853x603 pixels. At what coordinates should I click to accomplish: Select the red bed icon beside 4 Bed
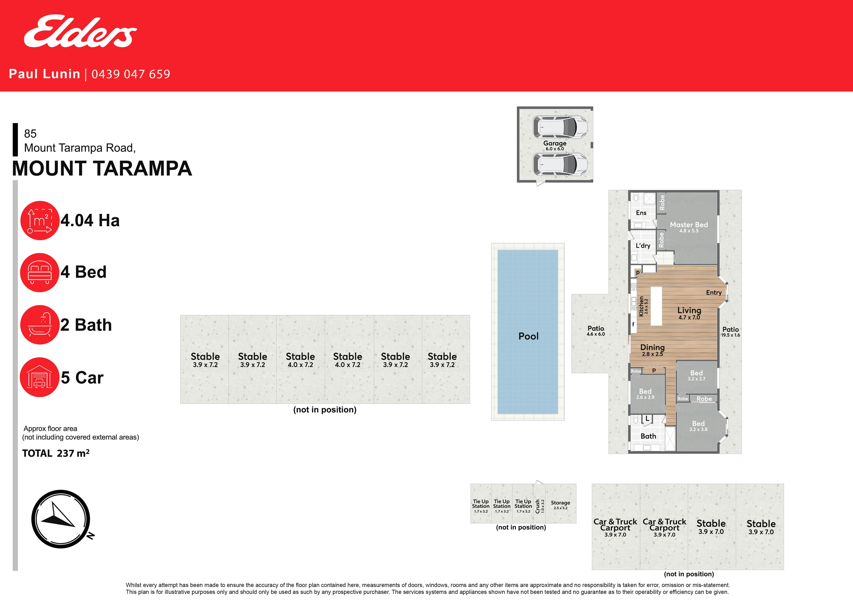[x=40, y=273]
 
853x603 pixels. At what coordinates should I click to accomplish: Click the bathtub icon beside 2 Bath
[x=40, y=325]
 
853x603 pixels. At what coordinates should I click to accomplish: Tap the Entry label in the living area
[x=714, y=293]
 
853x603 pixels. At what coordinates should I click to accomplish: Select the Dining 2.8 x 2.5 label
[x=652, y=350]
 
